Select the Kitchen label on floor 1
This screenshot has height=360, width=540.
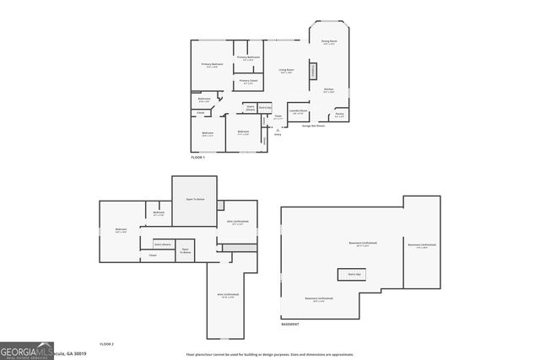329,89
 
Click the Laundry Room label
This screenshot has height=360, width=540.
297,110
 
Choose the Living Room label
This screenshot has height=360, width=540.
286,71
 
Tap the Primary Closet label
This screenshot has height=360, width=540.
248,82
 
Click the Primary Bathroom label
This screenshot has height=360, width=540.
248,58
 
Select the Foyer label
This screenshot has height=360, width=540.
278,117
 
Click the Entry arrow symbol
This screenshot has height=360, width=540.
278,129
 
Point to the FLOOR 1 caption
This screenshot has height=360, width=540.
198,158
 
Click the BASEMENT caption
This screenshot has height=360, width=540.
289,325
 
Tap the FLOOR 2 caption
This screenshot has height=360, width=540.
106,344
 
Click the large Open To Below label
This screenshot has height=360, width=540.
195,200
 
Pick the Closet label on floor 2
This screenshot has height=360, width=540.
153,255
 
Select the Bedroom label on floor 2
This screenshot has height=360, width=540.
121,230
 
